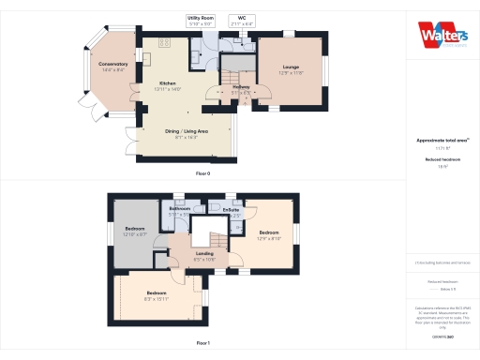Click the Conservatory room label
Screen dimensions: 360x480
[113, 64]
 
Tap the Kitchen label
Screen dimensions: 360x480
[167, 82]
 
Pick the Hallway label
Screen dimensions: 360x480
[241, 89]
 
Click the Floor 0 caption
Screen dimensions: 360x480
[202, 174]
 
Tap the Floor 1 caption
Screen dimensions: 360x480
[202, 344]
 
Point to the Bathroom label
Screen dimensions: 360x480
[180, 208]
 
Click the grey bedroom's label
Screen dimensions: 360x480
[135, 228]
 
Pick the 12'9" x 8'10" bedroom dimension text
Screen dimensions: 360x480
[270, 238]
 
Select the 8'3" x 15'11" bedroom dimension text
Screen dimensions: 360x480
[157, 298]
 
